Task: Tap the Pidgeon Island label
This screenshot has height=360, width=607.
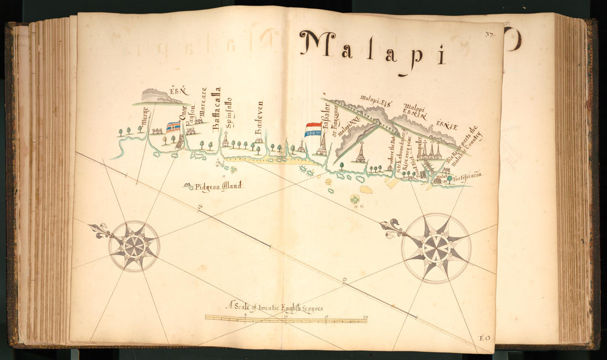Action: (x=218, y=187)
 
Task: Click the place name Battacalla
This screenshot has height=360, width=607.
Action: (x=217, y=108)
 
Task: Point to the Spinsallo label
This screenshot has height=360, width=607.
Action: (x=228, y=112)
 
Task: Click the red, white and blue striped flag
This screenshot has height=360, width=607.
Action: (x=313, y=129)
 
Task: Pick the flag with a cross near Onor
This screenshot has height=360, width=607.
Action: (x=173, y=127)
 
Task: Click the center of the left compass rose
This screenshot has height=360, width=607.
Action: (x=134, y=246)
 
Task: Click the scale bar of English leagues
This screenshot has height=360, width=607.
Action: (x=286, y=319)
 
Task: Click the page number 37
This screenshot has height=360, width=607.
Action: (x=489, y=34)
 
